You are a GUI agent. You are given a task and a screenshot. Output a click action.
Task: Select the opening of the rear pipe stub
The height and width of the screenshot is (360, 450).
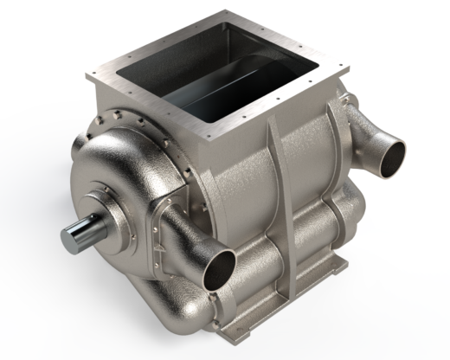pyautogui.click(x=393, y=154)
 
